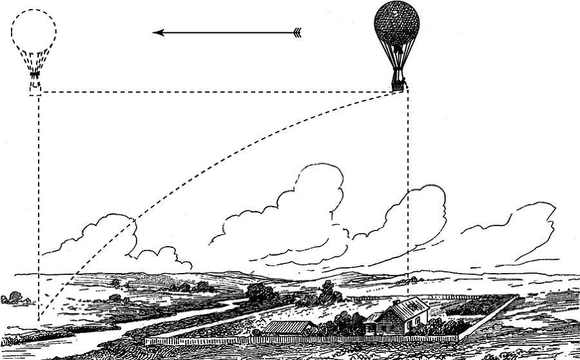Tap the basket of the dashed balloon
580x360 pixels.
click(35, 86)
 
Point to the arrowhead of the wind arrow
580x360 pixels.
click(159, 32)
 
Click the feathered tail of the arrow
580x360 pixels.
click(296, 32)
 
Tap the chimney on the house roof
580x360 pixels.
click(396, 301)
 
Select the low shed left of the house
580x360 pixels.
click(289, 328)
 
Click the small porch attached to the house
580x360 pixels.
click(372, 326)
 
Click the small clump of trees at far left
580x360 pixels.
click(13, 298)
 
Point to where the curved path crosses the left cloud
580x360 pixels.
click(134, 222)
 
